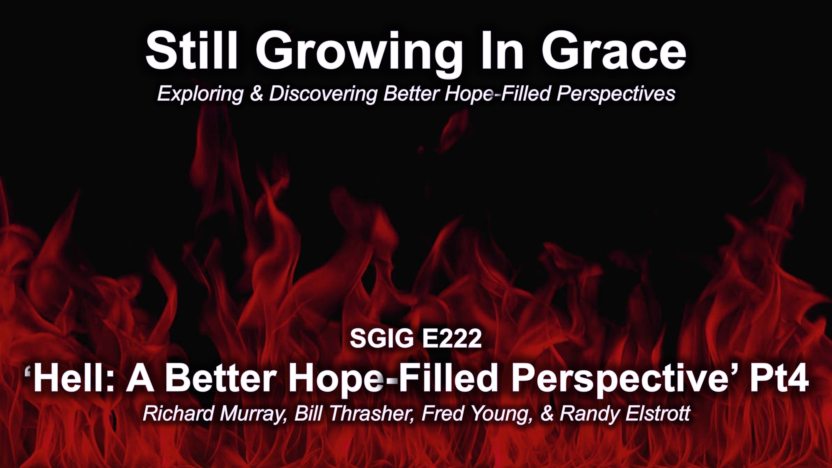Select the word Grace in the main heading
click(x=614, y=52)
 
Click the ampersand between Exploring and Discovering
click(x=257, y=94)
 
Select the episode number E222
click(x=452, y=339)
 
